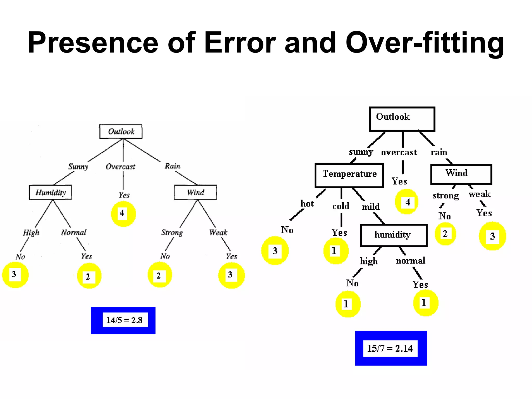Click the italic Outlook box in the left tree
point(121,131)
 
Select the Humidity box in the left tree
point(50,192)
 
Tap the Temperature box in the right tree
point(349,175)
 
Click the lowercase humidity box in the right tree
point(394,235)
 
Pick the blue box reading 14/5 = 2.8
point(123,320)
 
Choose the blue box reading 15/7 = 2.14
point(391,348)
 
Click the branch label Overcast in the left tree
point(121,167)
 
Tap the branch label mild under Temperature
point(371,207)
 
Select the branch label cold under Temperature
point(341,206)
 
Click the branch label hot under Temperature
point(307,204)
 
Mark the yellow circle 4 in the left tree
point(123,214)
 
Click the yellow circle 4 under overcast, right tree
point(407,202)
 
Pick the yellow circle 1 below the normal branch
point(425,303)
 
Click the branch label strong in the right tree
point(445,196)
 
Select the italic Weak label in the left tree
point(218,233)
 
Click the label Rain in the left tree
point(172,166)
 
